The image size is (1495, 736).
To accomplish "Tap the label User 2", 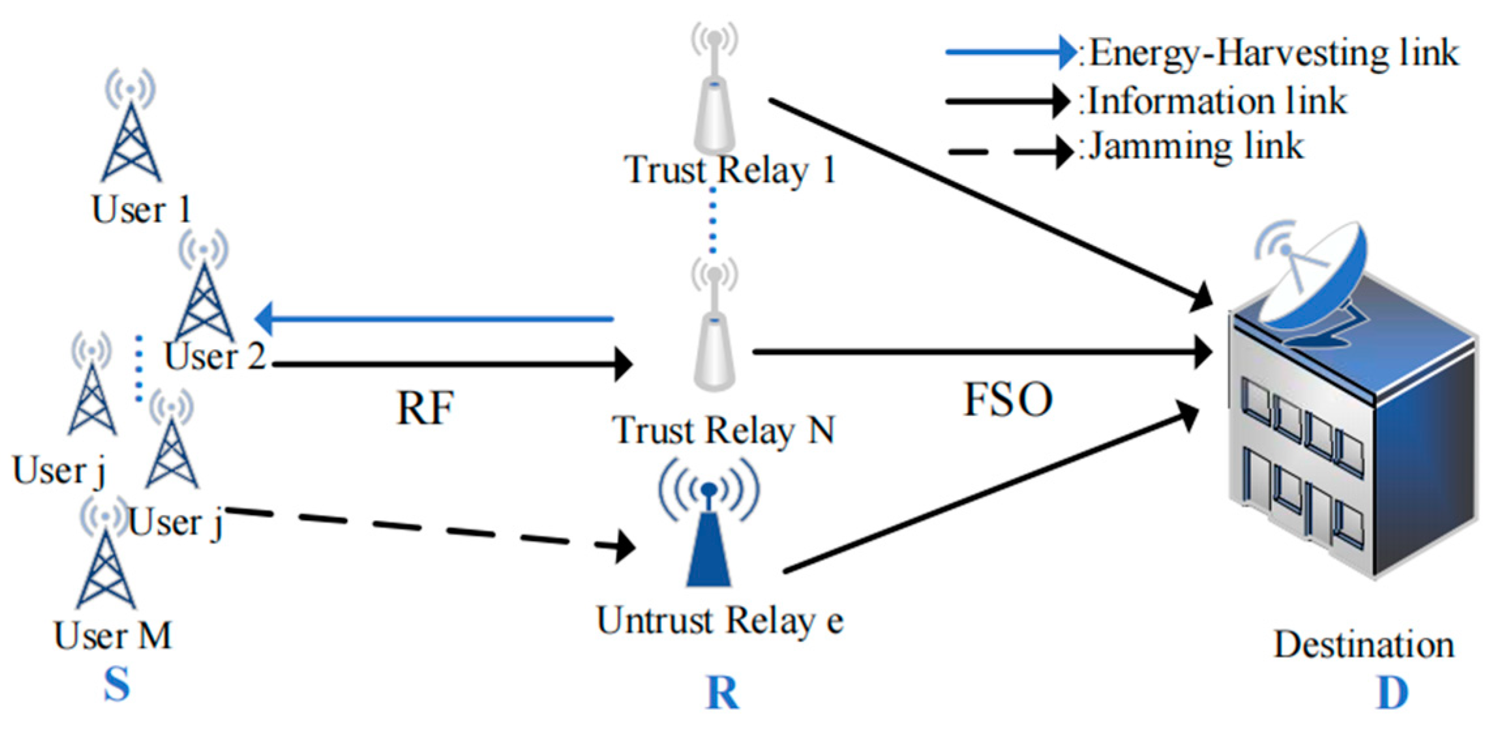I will click(215, 357).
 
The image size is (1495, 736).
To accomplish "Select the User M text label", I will click(113, 636).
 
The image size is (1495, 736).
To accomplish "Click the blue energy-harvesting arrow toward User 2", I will click(434, 319).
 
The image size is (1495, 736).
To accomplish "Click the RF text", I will click(425, 409).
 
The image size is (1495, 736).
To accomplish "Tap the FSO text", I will click(1007, 400).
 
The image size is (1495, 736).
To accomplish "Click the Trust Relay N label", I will click(723, 431).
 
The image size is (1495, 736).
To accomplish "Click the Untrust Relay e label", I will click(720, 621).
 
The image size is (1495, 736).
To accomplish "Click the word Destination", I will click(1364, 645).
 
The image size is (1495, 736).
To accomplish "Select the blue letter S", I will click(117, 684).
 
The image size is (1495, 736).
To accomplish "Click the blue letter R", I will click(723, 693).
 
